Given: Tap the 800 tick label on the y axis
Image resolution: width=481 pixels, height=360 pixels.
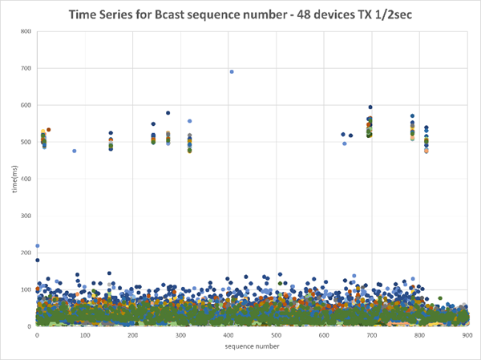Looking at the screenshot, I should coord(26,31).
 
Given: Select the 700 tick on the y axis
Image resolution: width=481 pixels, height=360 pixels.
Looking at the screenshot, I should coord(26,68).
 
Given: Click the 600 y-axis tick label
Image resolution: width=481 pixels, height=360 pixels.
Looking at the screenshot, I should coord(26,105).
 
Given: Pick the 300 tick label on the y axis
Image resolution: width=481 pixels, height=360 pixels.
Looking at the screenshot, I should coord(26,216).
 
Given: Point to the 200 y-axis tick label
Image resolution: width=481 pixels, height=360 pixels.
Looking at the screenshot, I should coord(26,253).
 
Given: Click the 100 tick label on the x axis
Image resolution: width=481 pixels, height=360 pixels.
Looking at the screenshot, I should coord(85,334).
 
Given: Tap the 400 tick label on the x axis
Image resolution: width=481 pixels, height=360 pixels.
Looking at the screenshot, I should coord(228,334).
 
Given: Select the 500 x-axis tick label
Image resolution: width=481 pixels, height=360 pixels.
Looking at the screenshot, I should coord(277,334).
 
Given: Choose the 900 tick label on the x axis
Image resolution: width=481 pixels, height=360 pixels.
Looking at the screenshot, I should coord(467,334).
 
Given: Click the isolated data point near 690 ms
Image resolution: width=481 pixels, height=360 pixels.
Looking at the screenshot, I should coord(232,71).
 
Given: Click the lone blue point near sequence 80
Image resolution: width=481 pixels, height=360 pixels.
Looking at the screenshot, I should coord(75,151).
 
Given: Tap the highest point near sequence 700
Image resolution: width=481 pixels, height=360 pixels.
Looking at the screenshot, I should coord(370,107).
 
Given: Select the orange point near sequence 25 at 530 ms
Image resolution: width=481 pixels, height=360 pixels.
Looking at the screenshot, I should coord(48,129).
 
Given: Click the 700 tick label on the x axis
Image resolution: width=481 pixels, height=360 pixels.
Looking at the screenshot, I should coord(372,334).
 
